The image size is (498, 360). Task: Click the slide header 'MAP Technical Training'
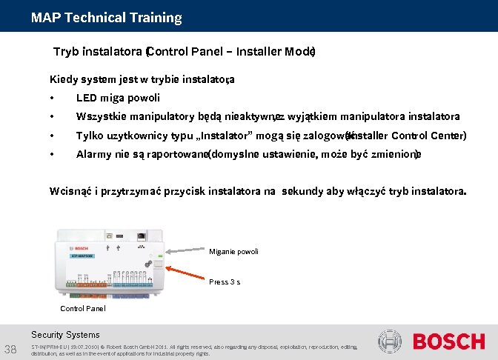[x=106, y=17]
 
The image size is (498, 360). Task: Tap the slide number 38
[x=12, y=349]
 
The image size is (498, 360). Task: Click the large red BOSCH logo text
[x=448, y=342]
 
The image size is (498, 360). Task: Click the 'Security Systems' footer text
[x=65, y=335]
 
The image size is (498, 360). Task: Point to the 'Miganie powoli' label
[x=234, y=252]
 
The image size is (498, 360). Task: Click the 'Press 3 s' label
[x=225, y=281]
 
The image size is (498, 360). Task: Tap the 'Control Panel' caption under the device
[x=82, y=308]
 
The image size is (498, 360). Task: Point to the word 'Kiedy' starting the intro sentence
[x=64, y=79]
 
